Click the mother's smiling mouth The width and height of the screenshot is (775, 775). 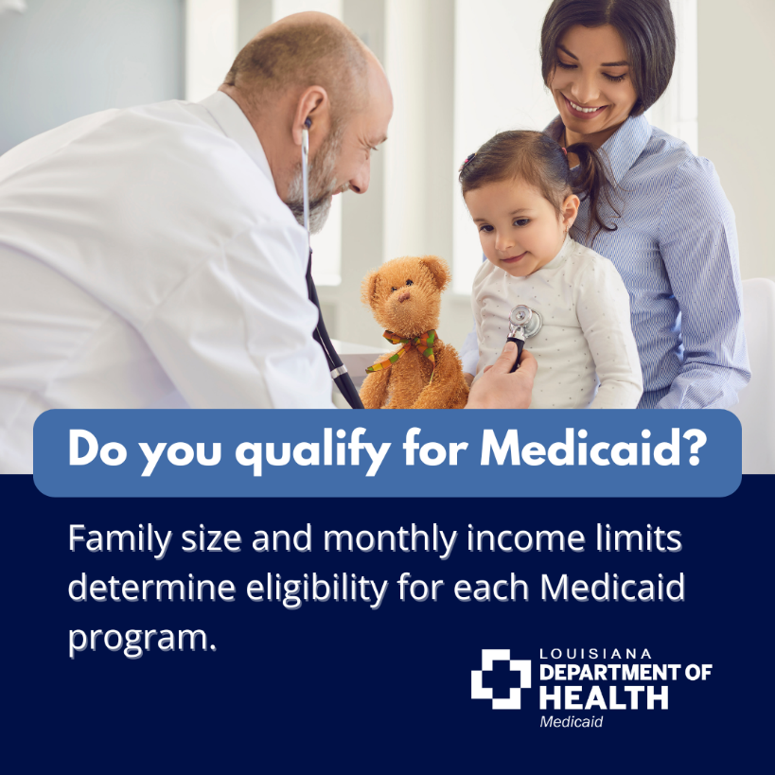tap(583, 105)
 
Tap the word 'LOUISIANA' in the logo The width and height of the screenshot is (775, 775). tap(594, 654)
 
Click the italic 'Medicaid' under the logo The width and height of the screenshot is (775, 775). tap(571, 722)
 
